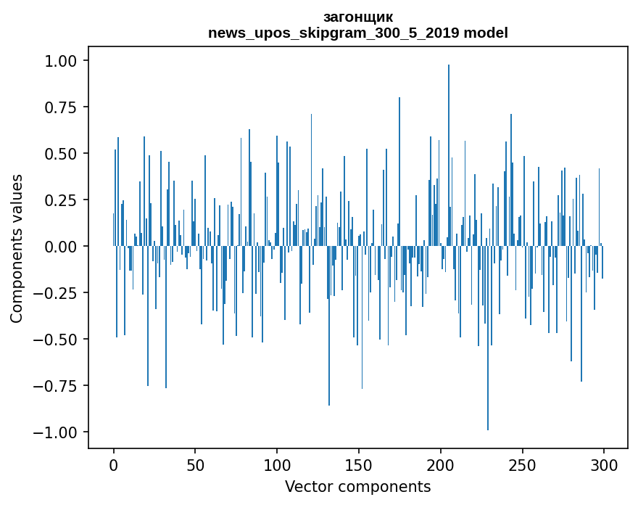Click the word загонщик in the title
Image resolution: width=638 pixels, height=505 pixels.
pyautogui.click(x=357, y=17)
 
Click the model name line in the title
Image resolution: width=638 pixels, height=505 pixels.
pyautogui.click(x=357, y=33)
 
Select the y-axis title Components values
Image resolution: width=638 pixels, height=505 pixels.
pyautogui.click(x=17, y=248)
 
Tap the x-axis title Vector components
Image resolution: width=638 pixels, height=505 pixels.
pyautogui.click(x=357, y=487)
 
